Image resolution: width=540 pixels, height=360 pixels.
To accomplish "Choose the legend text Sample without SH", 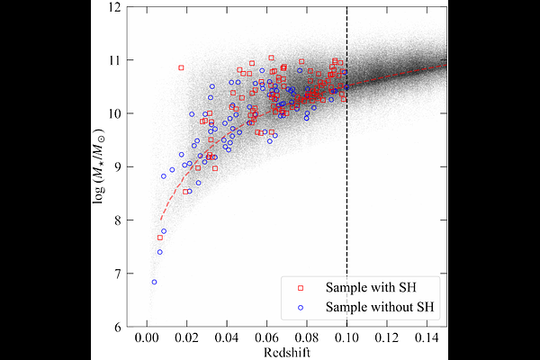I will tap(380, 308).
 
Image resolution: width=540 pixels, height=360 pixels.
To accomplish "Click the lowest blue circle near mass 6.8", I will tap(154, 282).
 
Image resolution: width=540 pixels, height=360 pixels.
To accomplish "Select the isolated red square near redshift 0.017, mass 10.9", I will tap(181, 67).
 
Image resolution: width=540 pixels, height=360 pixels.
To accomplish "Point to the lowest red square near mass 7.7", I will tap(160, 238).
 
